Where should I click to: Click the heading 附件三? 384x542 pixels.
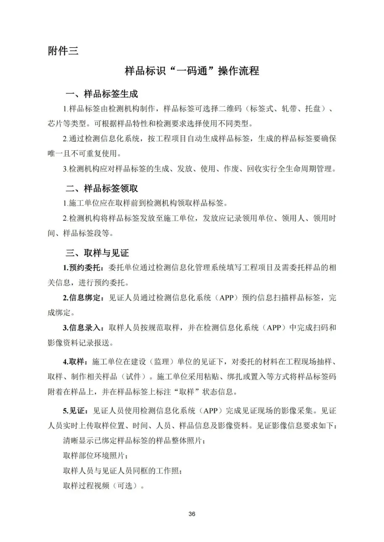click(63, 51)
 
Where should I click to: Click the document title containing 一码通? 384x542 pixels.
click(192, 71)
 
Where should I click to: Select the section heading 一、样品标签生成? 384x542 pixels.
click(102, 94)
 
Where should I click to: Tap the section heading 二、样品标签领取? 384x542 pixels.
click(102, 188)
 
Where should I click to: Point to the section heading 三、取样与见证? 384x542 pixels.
click(97, 253)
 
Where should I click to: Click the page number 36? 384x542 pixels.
click(192, 514)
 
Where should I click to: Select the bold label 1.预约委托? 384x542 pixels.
click(82, 267)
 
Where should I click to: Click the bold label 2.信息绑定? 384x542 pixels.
click(82, 298)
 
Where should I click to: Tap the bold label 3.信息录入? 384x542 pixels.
click(82, 327)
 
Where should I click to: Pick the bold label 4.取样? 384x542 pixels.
click(75, 362)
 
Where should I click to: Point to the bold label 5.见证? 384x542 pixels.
click(75, 411)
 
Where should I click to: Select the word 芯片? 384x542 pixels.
click(55, 124)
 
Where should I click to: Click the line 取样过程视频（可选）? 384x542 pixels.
click(103, 486)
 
